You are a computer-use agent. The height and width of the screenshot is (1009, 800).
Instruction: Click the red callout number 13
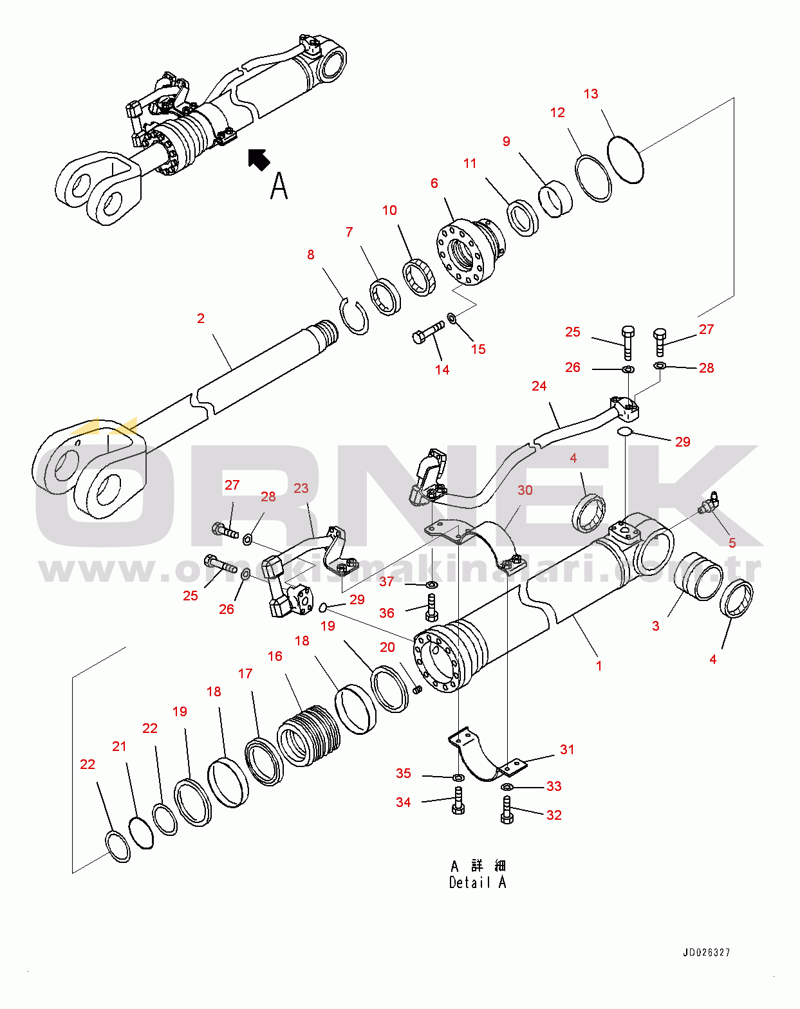tap(591, 94)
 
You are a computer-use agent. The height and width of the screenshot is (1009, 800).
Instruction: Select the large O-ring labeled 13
tap(625, 159)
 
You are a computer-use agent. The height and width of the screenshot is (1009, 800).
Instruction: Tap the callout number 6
tap(434, 183)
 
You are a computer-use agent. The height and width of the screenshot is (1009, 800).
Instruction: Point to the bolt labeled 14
tap(428, 333)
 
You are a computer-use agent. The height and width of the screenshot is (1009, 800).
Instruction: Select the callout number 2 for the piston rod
tap(201, 318)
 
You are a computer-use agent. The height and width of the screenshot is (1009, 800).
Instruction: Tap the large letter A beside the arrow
tap(279, 186)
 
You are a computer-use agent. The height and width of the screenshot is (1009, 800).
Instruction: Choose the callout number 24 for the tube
tap(539, 386)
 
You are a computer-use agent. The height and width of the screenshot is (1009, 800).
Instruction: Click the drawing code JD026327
tap(706, 952)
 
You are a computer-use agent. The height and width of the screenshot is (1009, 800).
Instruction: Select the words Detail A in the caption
tap(478, 882)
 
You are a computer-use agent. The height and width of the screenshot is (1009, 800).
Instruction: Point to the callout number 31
tap(567, 750)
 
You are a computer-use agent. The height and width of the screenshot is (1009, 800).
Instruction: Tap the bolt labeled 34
tap(458, 801)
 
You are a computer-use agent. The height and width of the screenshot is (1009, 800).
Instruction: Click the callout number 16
tap(275, 656)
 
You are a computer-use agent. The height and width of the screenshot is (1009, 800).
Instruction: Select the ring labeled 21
tap(141, 833)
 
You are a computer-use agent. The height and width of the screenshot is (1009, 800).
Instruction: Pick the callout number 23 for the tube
tap(301, 488)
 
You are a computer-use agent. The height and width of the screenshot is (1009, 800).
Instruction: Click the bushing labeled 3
tap(700, 576)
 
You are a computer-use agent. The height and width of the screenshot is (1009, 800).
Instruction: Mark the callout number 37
tap(386, 582)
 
